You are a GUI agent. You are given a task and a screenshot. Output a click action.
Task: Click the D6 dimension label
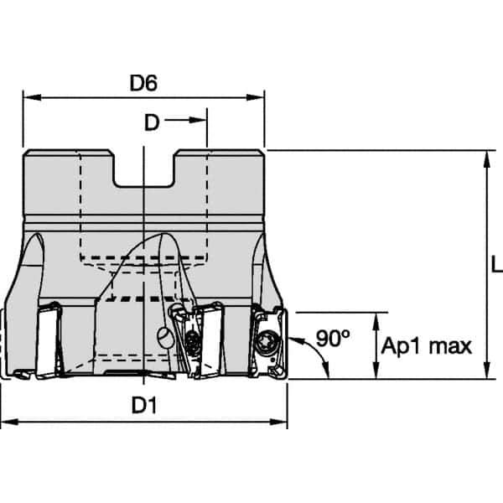144,83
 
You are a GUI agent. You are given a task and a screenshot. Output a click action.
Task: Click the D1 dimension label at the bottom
144,405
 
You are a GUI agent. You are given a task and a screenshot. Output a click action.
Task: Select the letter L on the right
495,265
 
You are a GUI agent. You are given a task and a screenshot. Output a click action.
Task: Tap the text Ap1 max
427,345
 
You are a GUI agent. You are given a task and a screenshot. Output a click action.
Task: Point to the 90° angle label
333,339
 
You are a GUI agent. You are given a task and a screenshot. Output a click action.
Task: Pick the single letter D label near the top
151,122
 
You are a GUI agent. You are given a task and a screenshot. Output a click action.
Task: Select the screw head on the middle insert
193,341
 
